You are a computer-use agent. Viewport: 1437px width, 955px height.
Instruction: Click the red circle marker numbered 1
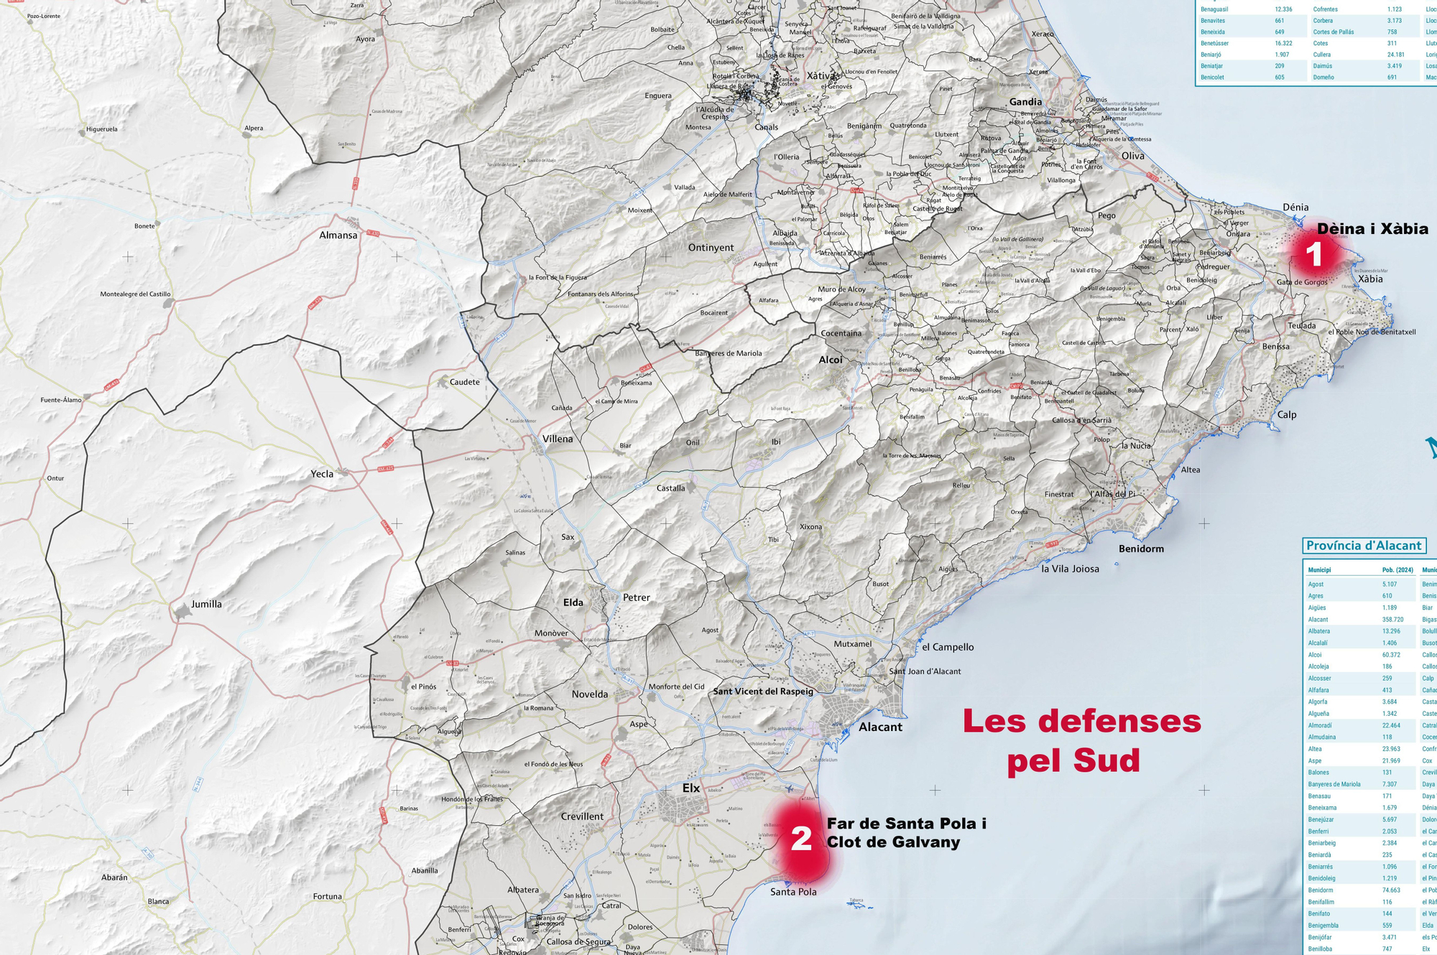coord(1314,254)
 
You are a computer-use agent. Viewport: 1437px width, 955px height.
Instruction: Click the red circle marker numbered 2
coord(801,838)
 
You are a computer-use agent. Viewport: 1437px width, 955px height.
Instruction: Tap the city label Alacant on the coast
coord(880,727)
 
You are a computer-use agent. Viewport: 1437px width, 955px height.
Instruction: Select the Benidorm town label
coord(1141,549)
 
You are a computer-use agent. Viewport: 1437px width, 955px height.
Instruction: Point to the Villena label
coord(558,439)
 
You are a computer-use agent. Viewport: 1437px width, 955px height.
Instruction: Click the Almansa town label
coord(338,235)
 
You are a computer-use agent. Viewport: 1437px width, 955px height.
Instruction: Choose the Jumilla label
coord(206,604)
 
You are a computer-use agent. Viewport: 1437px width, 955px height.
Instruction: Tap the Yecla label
coord(322,474)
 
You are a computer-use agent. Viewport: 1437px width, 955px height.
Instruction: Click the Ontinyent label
coord(711,248)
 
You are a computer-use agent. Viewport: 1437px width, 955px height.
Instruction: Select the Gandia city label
coord(1025,102)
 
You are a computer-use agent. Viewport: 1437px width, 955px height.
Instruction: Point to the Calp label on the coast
coord(1287,414)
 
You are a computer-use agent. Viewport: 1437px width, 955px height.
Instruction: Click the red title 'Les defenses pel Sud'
coord(1081,740)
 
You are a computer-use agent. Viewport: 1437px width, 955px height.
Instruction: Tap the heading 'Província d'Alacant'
coord(1364,546)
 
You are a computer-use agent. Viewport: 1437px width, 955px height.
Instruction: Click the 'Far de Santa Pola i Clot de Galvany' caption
coord(906,833)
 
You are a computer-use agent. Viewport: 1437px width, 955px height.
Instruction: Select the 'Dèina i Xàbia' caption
coord(1372,229)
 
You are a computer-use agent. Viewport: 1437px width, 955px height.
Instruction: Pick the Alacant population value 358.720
coord(1392,620)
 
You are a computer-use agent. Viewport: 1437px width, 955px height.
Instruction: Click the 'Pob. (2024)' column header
coord(1397,570)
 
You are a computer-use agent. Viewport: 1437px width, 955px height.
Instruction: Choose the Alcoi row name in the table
coord(1315,655)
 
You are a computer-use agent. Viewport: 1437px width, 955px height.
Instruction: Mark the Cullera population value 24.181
coord(1395,55)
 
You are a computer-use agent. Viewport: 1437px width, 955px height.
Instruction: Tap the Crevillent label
coord(582,816)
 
